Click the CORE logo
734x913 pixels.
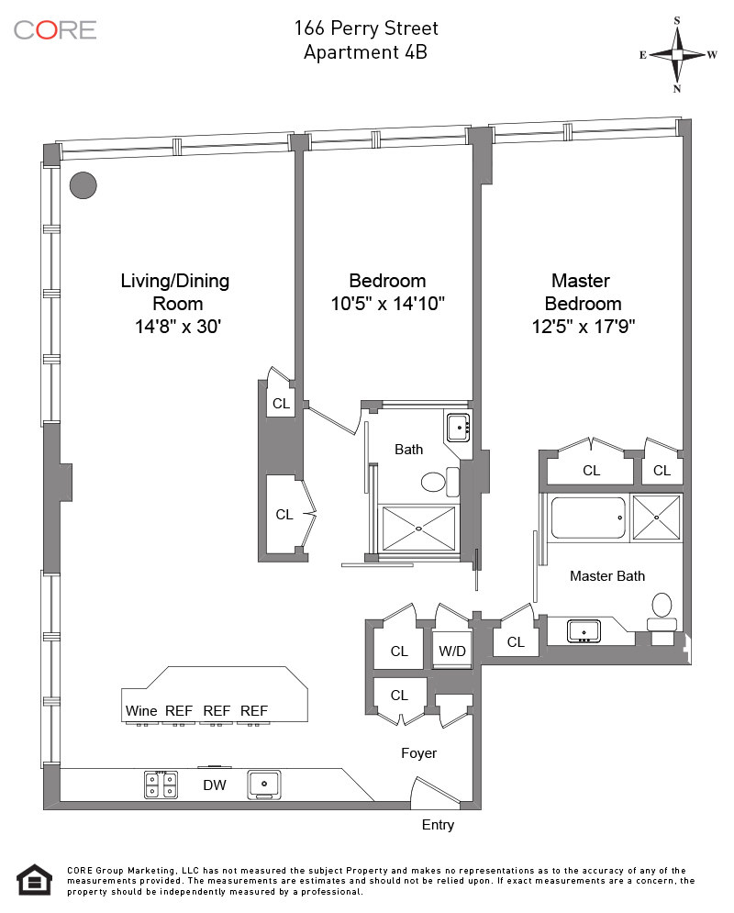coord(55,30)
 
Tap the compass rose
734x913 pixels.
coord(677,55)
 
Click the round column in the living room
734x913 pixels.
coord(83,185)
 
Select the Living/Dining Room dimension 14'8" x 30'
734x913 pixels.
coord(177,327)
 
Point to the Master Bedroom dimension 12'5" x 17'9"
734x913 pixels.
coord(584,327)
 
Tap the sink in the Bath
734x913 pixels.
coord(458,428)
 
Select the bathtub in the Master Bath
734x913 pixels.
coord(588,518)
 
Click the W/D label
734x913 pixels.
coord(451,651)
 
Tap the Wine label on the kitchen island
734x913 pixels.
coord(141,711)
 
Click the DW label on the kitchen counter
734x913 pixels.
coord(214,785)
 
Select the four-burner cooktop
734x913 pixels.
coord(161,785)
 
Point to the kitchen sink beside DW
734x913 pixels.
coord(264,785)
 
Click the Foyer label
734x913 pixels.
coord(418,753)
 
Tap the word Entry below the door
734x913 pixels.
coord(438,825)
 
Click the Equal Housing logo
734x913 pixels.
coord(35,880)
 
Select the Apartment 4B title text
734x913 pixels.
coord(365,52)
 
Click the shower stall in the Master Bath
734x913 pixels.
coord(656,517)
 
